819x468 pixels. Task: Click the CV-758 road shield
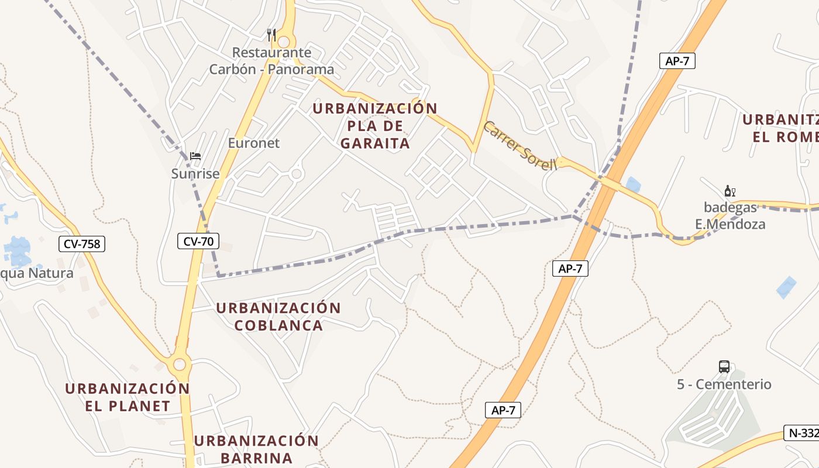tap(82, 244)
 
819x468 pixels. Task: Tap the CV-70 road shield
tap(198, 240)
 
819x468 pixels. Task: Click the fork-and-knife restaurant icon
tap(271, 35)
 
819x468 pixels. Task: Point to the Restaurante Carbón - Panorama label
tap(272, 61)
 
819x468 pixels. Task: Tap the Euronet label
tap(254, 143)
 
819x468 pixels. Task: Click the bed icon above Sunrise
tap(195, 156)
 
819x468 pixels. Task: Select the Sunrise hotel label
tap(195, 173)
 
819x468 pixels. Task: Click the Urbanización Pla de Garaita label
tap(375, 126)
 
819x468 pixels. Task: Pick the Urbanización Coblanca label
tap(278, 316)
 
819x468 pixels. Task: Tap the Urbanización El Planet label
tap(128, 397)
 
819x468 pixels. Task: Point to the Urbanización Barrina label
tap(256, 449)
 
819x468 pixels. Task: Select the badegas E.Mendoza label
tap(730, 215)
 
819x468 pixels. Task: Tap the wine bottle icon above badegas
tap(729, 191)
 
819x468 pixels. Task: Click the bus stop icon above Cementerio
tap(724, 367)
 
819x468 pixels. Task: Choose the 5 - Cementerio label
tap(724, 384)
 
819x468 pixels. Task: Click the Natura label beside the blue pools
tap(38, 273)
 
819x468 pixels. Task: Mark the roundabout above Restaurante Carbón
tap(284, 42)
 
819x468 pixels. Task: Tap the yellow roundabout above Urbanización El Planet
tap(180, 364)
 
